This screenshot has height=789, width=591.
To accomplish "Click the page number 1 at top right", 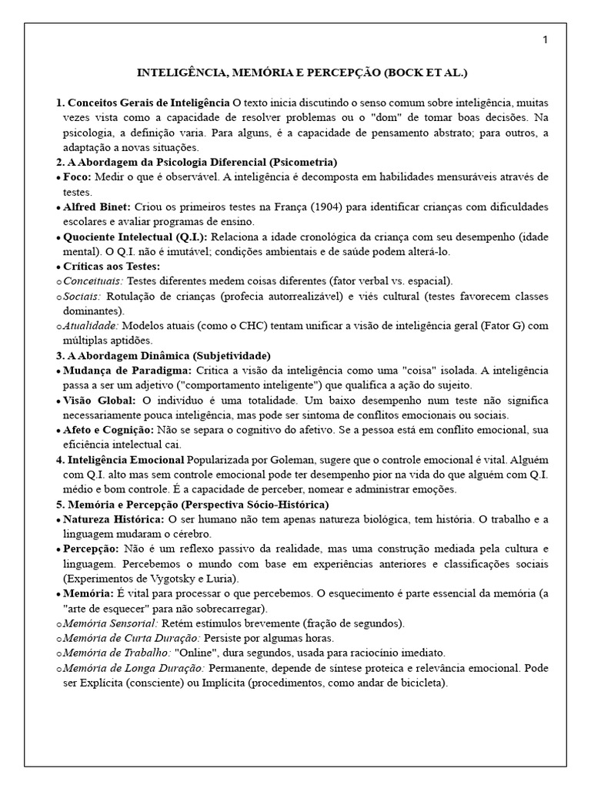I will (545, 41).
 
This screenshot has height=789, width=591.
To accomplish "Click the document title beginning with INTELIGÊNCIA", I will (302, 73).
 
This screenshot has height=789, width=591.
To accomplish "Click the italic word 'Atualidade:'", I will (92, 326).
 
